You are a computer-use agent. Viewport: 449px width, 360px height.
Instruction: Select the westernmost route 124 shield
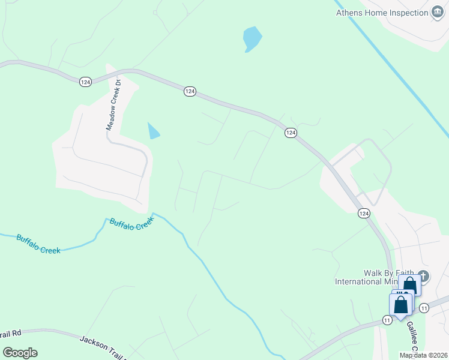(85, 82)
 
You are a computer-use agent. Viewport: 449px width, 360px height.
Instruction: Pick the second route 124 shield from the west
(190, 91)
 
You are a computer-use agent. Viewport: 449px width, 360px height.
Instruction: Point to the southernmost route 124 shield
(364, 214)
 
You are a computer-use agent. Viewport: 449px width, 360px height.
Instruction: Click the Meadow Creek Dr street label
(114, 106)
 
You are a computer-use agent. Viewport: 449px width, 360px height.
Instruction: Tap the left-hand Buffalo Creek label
(38, 244)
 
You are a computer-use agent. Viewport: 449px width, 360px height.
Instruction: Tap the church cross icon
(423, 277)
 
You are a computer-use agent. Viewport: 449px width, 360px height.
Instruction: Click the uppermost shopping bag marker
(409, 285)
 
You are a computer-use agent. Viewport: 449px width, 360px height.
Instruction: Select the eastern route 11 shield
(425, 308)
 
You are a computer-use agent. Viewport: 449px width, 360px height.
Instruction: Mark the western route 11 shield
(388, 321)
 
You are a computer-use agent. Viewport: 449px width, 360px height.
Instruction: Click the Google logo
(20, 353)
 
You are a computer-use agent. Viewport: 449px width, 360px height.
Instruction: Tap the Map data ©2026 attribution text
(423, 355)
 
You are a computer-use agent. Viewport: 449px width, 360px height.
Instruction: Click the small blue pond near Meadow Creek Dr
(154, 130)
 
